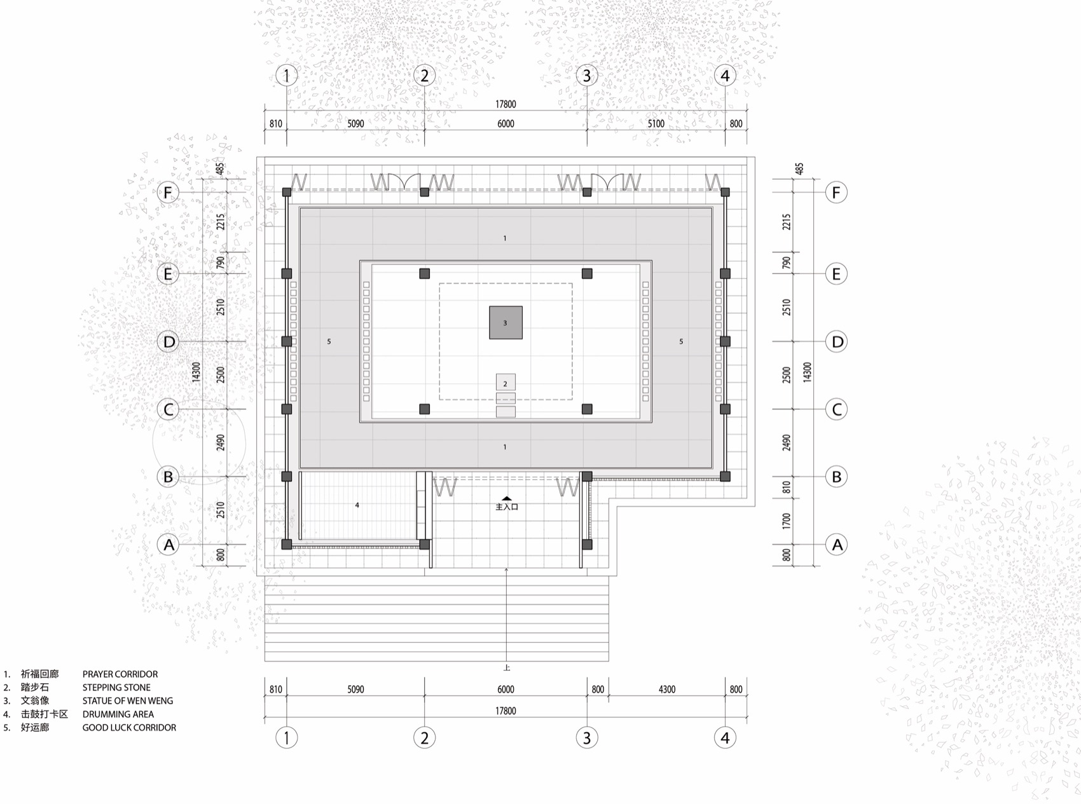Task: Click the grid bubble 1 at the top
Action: tap(287, 76)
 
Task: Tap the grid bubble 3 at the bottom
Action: tap(586, 737)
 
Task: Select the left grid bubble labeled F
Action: tap(168, 192)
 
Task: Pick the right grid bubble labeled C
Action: tap(837, 409)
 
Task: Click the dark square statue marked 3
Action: tap(506, 323)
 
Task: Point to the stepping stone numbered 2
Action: tap(506, 383)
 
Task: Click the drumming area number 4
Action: tap(357, 505)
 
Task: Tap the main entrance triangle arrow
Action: tap(506, 499)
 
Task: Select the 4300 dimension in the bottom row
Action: tap(666, 689)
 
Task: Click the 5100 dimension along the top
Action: tap(656, 124)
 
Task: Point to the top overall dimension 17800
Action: tap(506, 104)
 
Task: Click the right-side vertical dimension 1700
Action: tap(787, 521)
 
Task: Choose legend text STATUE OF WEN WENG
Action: tap(127, 700)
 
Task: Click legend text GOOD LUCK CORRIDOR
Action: tap(129, 727)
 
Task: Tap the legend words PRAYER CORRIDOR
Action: tap(120, 674)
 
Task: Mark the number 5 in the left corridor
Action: tap(329, 341)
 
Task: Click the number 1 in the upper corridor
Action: tap(505, 238)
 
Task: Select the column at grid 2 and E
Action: tap(424, 273)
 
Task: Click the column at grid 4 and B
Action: tap(725, 476)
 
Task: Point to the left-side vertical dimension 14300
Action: tap(196, 372)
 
